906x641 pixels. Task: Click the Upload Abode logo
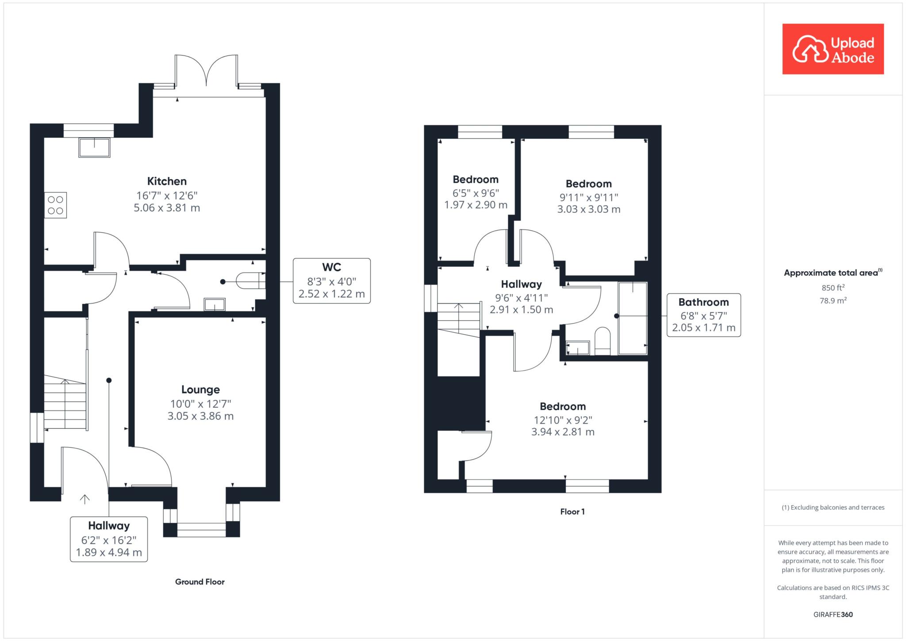click(833, 49)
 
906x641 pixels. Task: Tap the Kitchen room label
click(167, 181)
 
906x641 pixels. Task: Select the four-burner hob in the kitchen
click(56, 205)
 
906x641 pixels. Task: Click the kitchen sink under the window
click(94, 147)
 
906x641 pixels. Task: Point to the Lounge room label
click(200, 390)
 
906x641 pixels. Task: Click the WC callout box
click(332, 281)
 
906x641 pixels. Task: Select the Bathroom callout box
click(704, 315)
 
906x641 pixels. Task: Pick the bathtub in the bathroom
click(633, 318)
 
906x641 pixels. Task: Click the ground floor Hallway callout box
click(109, 539)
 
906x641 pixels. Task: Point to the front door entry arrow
click(84, 499)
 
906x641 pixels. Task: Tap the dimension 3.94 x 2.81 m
click(563, 432)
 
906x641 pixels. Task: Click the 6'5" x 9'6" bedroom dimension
click(476, 193)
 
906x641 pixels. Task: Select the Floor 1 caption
click(572, 512)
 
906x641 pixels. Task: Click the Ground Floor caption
click(200, 582)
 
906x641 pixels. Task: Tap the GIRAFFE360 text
click(833, 614)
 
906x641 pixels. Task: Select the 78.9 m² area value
click(833, 300)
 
